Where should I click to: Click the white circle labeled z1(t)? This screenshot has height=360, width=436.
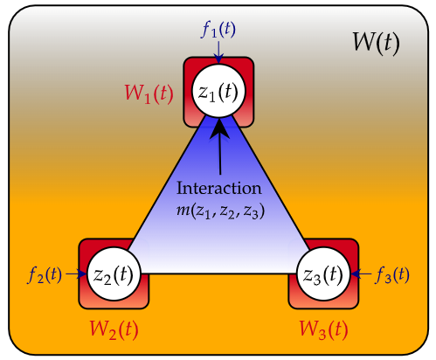coord(218,91)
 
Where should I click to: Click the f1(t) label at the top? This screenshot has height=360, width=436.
coord(218,29)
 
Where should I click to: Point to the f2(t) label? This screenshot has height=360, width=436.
coord(45,274)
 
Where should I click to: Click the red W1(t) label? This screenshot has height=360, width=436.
coord(148,92)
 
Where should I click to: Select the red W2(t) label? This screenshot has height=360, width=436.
coord(114,330)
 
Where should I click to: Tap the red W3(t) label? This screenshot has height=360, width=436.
coord(324,330)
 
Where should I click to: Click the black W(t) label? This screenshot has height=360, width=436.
coord(376,43)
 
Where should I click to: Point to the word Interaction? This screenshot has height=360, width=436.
coord(218,188)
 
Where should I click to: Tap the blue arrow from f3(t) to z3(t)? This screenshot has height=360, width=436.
coord(359,273)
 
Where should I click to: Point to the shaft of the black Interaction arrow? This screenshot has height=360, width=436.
coord(220,157)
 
